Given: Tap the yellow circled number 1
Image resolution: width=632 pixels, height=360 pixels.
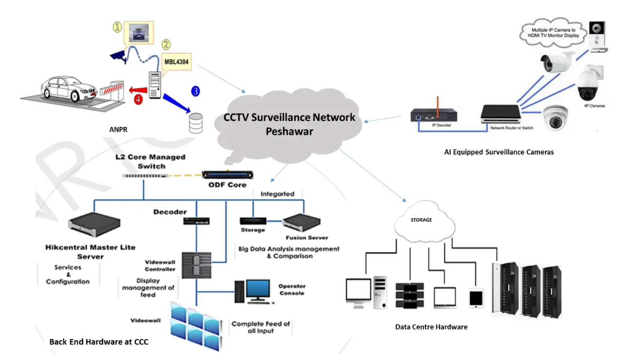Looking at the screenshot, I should [117, 27].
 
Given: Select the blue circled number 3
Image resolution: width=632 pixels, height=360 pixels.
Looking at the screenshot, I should [196, 91].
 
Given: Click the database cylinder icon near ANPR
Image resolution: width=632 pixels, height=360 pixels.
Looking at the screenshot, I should [196, 123].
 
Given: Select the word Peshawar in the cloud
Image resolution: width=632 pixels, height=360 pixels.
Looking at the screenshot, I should [289, 132].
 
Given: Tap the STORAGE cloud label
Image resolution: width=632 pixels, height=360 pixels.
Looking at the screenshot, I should [421, 220].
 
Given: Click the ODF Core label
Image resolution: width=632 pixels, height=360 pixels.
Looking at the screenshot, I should [225, 184].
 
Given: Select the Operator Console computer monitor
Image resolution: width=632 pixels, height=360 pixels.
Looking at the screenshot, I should [257, 290].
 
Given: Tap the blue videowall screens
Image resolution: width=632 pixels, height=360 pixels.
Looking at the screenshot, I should [195, 324].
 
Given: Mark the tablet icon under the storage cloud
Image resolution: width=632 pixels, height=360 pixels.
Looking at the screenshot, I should [475, 298].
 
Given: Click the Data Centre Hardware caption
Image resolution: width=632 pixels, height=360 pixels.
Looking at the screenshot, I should [431, 327].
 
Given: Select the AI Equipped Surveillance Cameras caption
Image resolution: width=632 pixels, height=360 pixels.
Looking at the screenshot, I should [499, 152].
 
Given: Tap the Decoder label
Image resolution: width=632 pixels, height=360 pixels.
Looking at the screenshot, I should [170, 212].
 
